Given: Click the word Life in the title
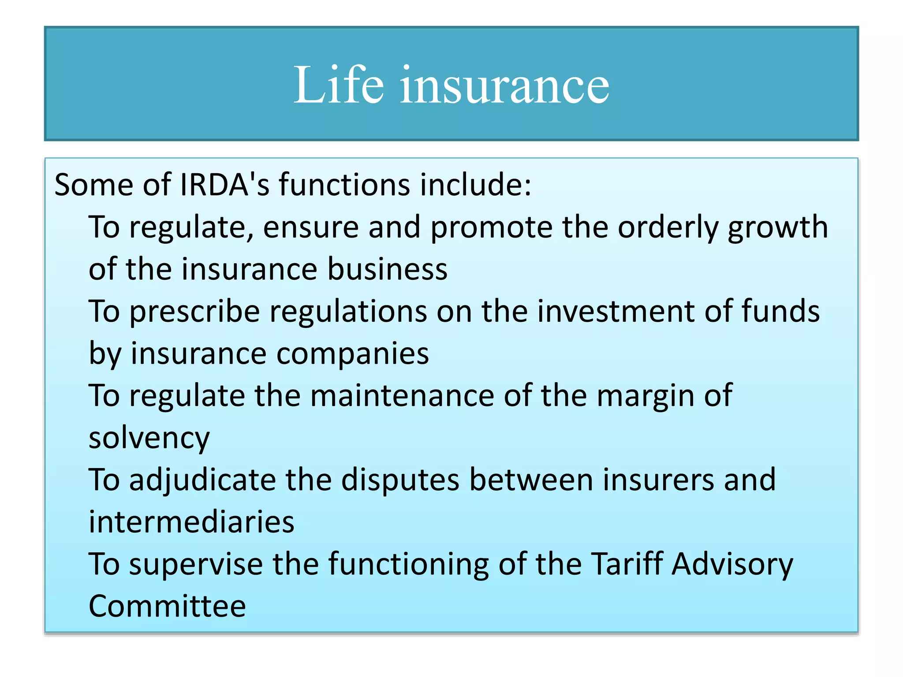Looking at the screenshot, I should click(x=338, y=85).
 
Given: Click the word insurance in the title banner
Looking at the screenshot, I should click(x=504, y=85).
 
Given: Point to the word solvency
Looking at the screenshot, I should click(x=149, y=438).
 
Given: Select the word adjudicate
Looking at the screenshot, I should click(x=202, y=480).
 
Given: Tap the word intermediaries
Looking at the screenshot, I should click(x=191, y=522).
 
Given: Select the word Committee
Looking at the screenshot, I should click(x=167, y=606).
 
